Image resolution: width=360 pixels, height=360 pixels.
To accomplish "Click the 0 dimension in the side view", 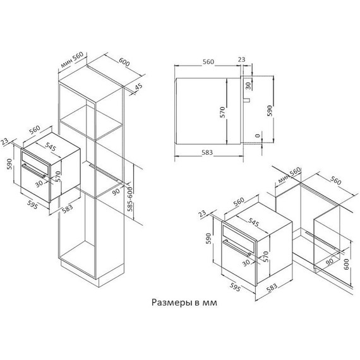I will coord(257,136).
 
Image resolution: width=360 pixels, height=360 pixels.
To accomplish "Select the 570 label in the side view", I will coord(222,112).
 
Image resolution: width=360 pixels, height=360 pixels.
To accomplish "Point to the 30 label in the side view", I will coord(248,84).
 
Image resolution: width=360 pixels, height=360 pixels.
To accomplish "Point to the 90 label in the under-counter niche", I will coord(328,260).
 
